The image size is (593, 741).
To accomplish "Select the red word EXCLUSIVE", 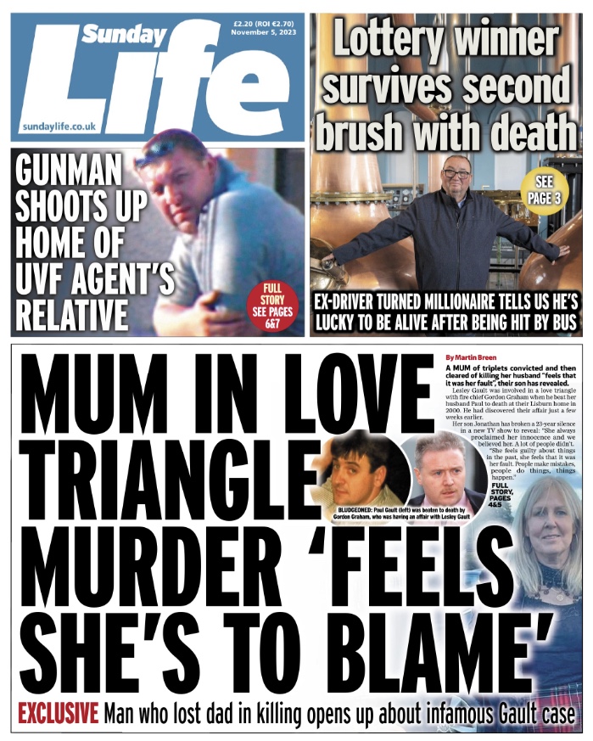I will click(x=58, y=714).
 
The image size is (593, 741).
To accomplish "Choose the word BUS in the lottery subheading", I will click(x=561, y=323).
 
